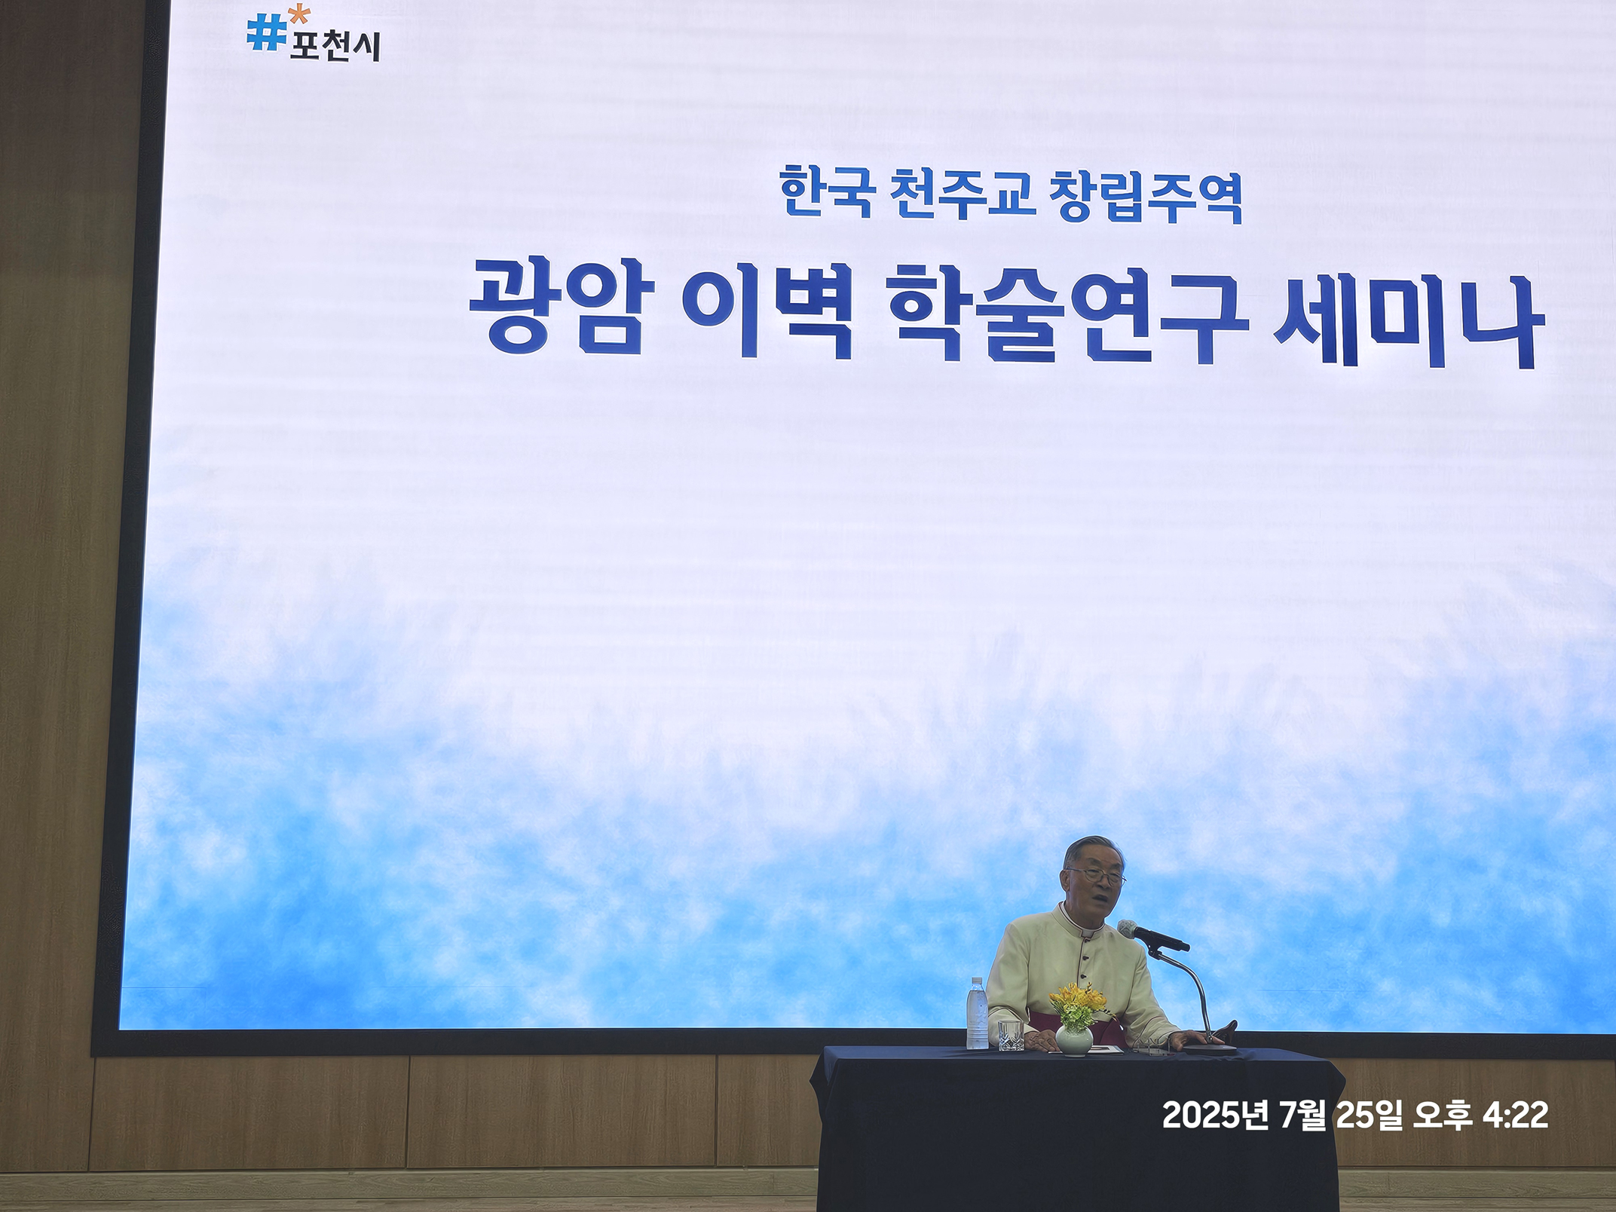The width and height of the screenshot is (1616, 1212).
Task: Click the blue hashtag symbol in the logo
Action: click(x=266, y=33)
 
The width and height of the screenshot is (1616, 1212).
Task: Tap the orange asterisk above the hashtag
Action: click(x=300, y=14)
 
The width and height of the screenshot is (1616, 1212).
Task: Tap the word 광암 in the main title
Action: click(x=562, y=305)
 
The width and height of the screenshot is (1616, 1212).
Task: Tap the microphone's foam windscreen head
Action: click(x=1131, y=929)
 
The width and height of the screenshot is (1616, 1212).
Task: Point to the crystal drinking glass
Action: click(x=1010, y=1035)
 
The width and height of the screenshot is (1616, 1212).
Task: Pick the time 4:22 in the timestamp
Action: click(x=1516, y=1115)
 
